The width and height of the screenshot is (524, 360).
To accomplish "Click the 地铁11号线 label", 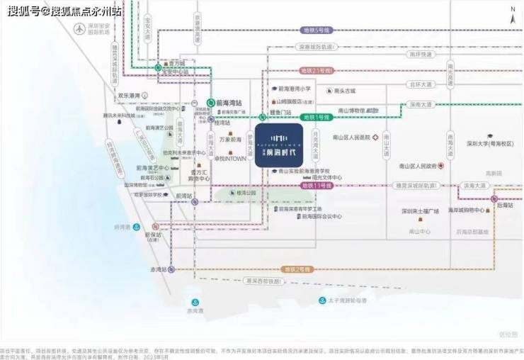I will click(x=317, y=186).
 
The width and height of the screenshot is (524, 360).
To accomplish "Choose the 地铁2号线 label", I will click(x=297, y=269).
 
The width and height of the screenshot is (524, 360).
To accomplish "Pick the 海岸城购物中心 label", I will click(x=461, y=210).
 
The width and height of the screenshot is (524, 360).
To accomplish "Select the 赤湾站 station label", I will click(x=157, y=270).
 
